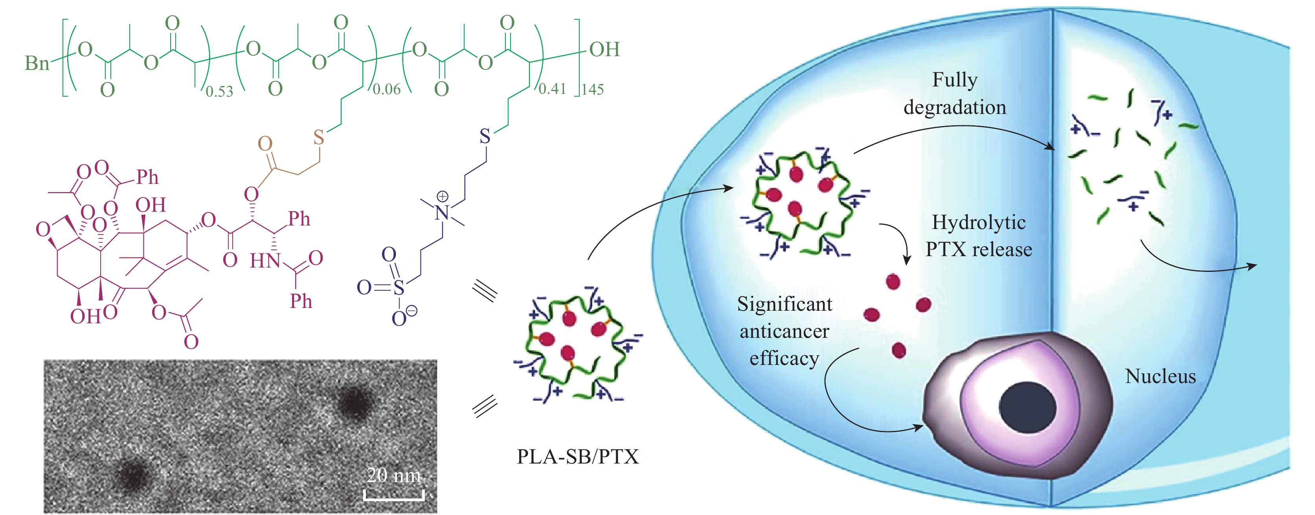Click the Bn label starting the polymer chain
[x=37, y=63]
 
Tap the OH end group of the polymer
[x=604, y=49]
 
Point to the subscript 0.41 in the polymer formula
[x=552, y=89]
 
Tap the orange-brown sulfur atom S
[x=319, y=137]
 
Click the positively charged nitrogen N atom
[x=442, y=213]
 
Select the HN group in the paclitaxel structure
[x=265, y=261]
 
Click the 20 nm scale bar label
[x=393, y=476]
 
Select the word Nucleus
[x=1160, y=377]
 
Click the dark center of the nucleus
[x=1027, y=407]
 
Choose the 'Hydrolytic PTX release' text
[x=979, y=236]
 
